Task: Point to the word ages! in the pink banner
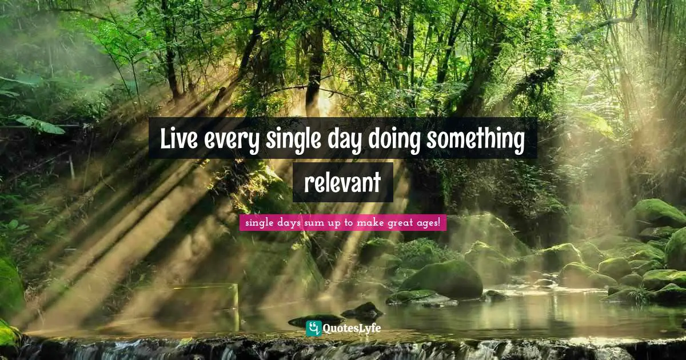coord(430,223)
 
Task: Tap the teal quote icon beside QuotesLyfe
coord(313,329)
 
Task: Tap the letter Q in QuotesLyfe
coord(328,329)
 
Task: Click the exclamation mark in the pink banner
coord(439,222)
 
